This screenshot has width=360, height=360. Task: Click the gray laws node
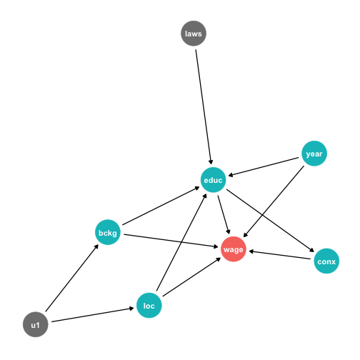point(194,34)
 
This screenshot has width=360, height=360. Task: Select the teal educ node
point(213,180)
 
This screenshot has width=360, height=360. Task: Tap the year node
point(314,154)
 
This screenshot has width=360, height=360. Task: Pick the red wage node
point(234,249)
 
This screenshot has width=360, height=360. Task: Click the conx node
point(326,261)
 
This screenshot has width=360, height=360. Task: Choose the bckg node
point(108,232)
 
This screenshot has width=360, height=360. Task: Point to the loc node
point(149,306)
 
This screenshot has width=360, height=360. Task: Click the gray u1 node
point(36,324)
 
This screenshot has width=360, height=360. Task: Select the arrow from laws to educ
point(204,107)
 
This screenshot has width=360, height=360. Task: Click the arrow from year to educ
point(264,167)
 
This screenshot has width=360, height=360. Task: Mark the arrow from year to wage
point(274,201)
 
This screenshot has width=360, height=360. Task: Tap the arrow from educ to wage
point(224,215)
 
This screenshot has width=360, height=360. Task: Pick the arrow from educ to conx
point(271,221)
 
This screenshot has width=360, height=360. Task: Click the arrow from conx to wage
point(279,255)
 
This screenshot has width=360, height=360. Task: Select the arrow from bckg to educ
point(161,206)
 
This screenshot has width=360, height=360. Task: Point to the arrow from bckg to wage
point(171,241)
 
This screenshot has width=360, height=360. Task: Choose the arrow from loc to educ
point(181,242)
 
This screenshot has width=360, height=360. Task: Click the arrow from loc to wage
point(191,277)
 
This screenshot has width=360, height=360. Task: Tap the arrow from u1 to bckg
point(72,278)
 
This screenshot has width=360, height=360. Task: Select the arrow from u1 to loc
point(93,315)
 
